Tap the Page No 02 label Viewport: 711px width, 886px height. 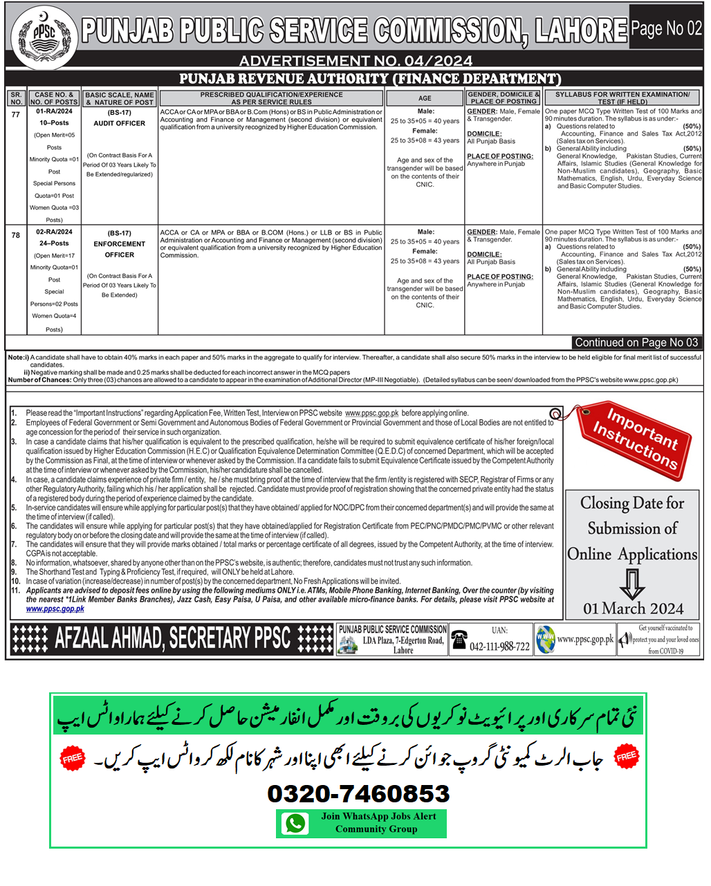click(x=666, y=29)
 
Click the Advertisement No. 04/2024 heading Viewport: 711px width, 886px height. click(x=355, y=62)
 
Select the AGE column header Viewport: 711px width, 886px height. click(x=425, y=98)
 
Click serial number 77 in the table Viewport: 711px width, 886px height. click(x=16, y=114)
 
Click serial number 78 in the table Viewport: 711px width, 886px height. click(x=16, y=235)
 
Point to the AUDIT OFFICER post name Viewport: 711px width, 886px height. click(x=120, y=123)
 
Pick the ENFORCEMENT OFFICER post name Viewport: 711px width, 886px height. click(x=120, y=249)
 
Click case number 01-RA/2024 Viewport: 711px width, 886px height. click(x=54, y=111)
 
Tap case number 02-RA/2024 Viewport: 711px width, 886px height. click(x=54, y=232)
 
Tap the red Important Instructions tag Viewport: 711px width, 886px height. click(x=634, y=437)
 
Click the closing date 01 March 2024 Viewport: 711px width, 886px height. click(x=633, y=609)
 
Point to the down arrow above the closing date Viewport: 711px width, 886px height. click(x=631, y=583)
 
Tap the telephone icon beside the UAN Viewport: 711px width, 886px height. click(x=459, y=639)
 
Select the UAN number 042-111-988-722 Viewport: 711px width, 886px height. click(x=499, y=647)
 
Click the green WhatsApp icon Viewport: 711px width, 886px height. click(x=295, y=823)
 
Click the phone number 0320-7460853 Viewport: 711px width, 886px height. click(x=358, y=793)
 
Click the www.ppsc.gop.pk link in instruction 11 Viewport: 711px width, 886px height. click(x=55, y=609)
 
